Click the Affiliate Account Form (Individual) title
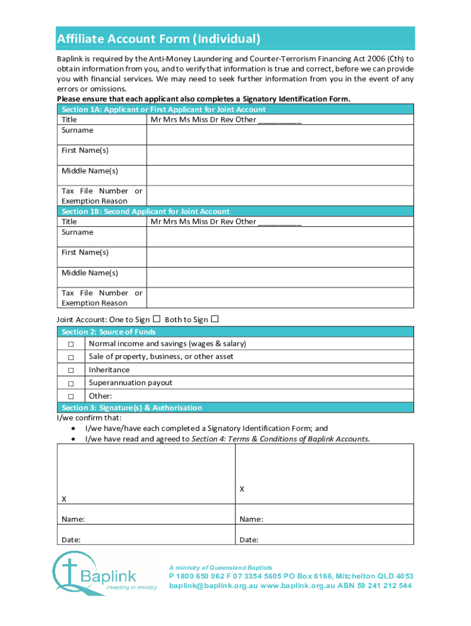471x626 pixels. coord(159,39)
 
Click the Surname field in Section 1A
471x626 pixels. coord(280,134)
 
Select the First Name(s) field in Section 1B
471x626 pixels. coord(280,257)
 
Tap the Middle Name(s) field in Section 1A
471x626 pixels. coord(280,175)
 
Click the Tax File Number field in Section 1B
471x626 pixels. coord(280,298)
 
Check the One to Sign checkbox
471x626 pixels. coord(157,319)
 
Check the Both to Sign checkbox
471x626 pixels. coord(215,319)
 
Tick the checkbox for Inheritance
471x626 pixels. coord(71,370)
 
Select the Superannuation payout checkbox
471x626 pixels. coord(71,383)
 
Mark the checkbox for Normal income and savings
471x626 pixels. coord(71,344)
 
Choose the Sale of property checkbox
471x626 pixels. coord(71,358)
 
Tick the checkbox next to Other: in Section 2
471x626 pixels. coord(71,396)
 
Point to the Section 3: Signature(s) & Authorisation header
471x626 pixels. coord(132,408)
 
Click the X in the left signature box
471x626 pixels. coord(64,499)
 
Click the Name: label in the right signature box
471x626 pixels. coord(251,520)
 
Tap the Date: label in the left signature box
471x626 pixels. coord(71,540)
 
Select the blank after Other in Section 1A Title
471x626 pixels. coord(280,120)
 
